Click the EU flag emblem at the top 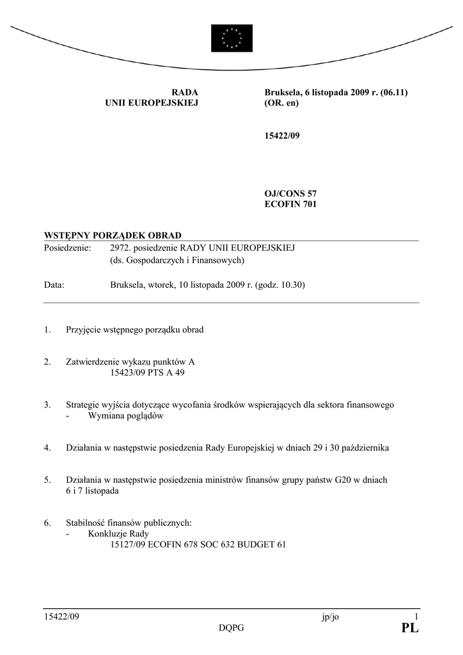(x=231, y=38)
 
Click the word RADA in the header (x=185, y=93)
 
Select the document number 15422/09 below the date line (x=281, y=136)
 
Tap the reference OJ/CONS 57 (x=290, y=193)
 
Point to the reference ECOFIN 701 (x=290, y=205)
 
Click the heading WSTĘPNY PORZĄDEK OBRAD (x=113, y=235)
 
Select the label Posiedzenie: (x=68, y=248)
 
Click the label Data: (x=54, y=285)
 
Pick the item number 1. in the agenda (x=47, y=330)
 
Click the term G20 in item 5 (x=326, y=480)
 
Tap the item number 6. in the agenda (x=47, y=523)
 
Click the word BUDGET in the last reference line (x=255, y=544)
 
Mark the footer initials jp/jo (x=331, y=617)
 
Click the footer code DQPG (x=231, y=628)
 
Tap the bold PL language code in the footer (x=410, y=629)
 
